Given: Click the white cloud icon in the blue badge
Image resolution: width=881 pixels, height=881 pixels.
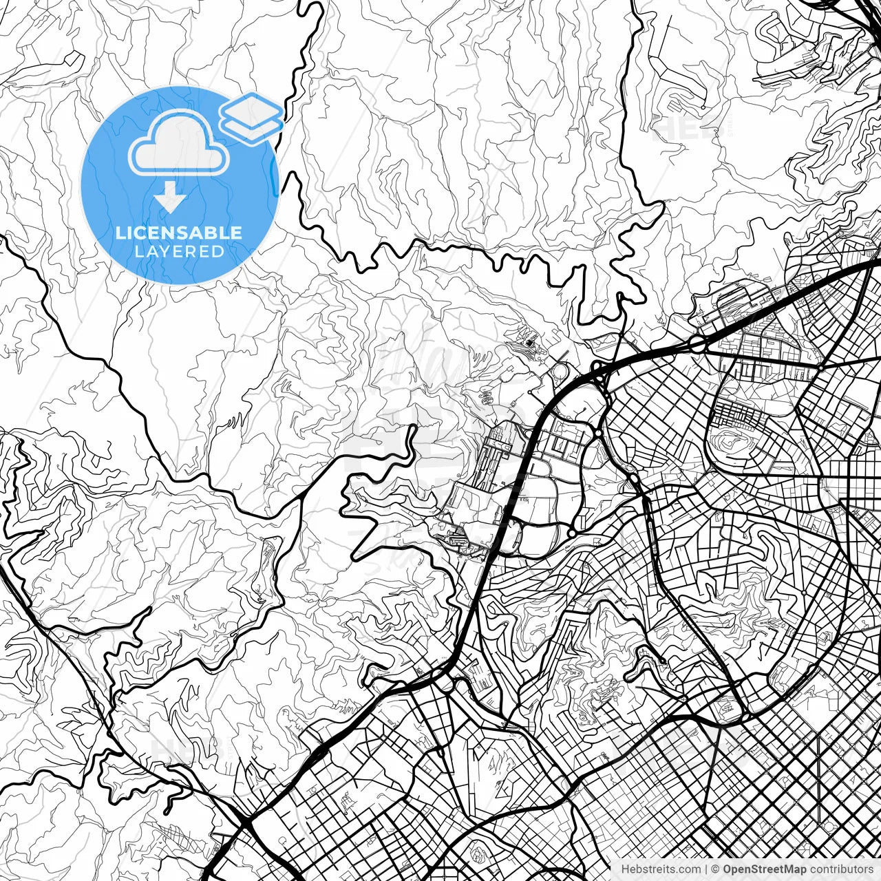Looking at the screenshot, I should click(x=180, y=144).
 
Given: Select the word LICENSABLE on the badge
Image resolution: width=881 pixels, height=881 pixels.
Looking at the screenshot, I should click(x=179, y=233).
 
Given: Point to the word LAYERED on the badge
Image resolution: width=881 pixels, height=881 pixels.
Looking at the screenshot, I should click(x=179, y=252).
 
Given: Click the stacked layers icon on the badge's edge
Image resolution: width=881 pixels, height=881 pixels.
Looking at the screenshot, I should click(x=251, y=117).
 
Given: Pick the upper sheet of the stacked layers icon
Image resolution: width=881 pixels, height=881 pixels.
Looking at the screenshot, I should click(x=251, y=109).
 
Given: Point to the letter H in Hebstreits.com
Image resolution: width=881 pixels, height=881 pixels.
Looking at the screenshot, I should click(x=625, y=869).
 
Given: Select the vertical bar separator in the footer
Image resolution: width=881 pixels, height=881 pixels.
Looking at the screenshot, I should click(x=706, y=869).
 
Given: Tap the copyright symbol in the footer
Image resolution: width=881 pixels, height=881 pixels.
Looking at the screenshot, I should click(x=716, y=869).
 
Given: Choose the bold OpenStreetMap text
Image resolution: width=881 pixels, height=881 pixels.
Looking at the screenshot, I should click(x=765, y=869).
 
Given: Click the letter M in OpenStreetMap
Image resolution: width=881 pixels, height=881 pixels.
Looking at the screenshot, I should click(x=797, y=869).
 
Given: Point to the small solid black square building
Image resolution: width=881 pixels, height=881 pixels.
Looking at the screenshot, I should click(x=529, y=342).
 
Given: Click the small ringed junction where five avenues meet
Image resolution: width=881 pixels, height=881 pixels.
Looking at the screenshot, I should click(x=820, y=368).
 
